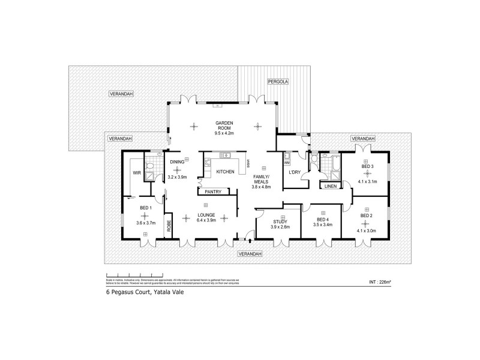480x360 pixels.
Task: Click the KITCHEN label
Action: coord(226,172)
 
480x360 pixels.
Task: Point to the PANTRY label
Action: coord(213,192)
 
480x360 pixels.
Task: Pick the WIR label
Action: coord(136,173)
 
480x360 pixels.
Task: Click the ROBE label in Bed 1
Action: coord(169,226)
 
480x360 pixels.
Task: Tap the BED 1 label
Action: coord(145,208)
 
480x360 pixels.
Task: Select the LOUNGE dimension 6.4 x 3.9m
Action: coord(206,220)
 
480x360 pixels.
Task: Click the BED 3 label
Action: coord(368,166)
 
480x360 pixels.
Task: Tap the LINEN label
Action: coord(330,187)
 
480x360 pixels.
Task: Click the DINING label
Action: coord(177,162)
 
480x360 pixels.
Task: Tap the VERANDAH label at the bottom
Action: coord(250,254)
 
